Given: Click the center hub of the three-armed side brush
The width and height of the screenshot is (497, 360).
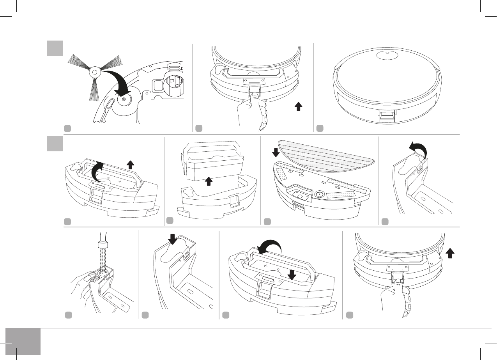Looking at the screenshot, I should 94,72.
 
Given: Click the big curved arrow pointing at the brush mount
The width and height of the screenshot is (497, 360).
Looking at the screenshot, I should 120,82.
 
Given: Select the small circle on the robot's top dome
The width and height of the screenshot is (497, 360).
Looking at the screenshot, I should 387,55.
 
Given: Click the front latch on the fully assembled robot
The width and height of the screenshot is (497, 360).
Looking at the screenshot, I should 387,116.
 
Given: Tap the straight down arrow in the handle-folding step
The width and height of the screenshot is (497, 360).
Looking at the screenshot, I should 292,275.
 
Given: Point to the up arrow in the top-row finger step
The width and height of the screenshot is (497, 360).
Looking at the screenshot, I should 298,107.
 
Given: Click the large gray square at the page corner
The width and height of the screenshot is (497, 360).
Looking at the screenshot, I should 23,341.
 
